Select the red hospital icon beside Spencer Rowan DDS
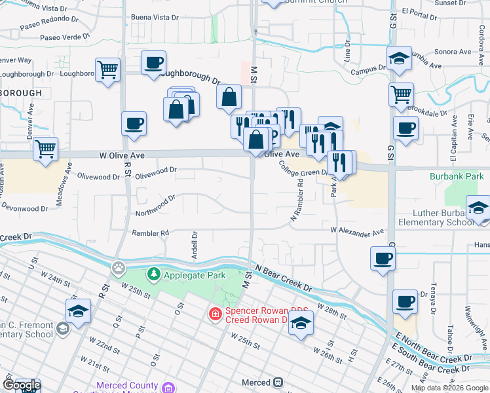click(x=214, y=315)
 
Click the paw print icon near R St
click(x=118, y=267)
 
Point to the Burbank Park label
click(x=457, y=176)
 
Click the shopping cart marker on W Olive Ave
click(x=45, y=149)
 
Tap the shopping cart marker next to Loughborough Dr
click(x=108, y=68)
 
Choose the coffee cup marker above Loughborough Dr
click(x=154, y=63)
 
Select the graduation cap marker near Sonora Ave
click(x=399, y=58)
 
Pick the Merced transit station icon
click(x=278, y=382)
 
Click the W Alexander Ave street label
click(x=357, y=231)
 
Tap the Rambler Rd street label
click(x=151, y=233)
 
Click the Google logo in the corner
click(x=21, y=385)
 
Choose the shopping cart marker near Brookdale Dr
click(x=401, y=94)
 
